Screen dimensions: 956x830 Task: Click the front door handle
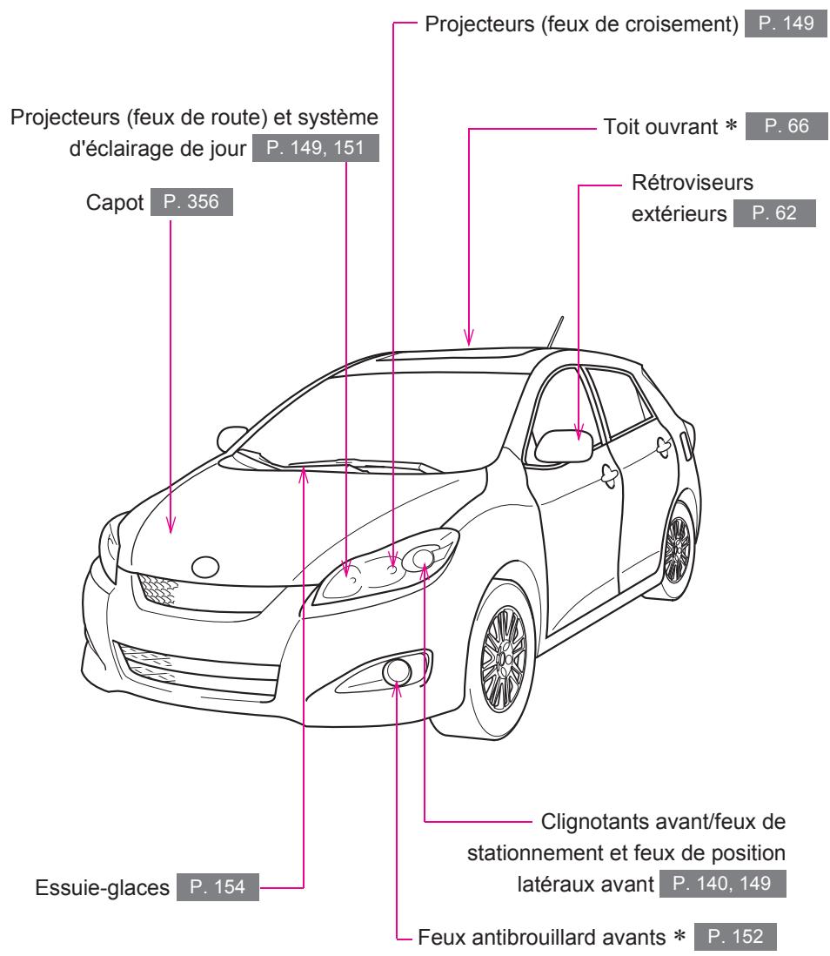pyautogui.click(x=607, y=474)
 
